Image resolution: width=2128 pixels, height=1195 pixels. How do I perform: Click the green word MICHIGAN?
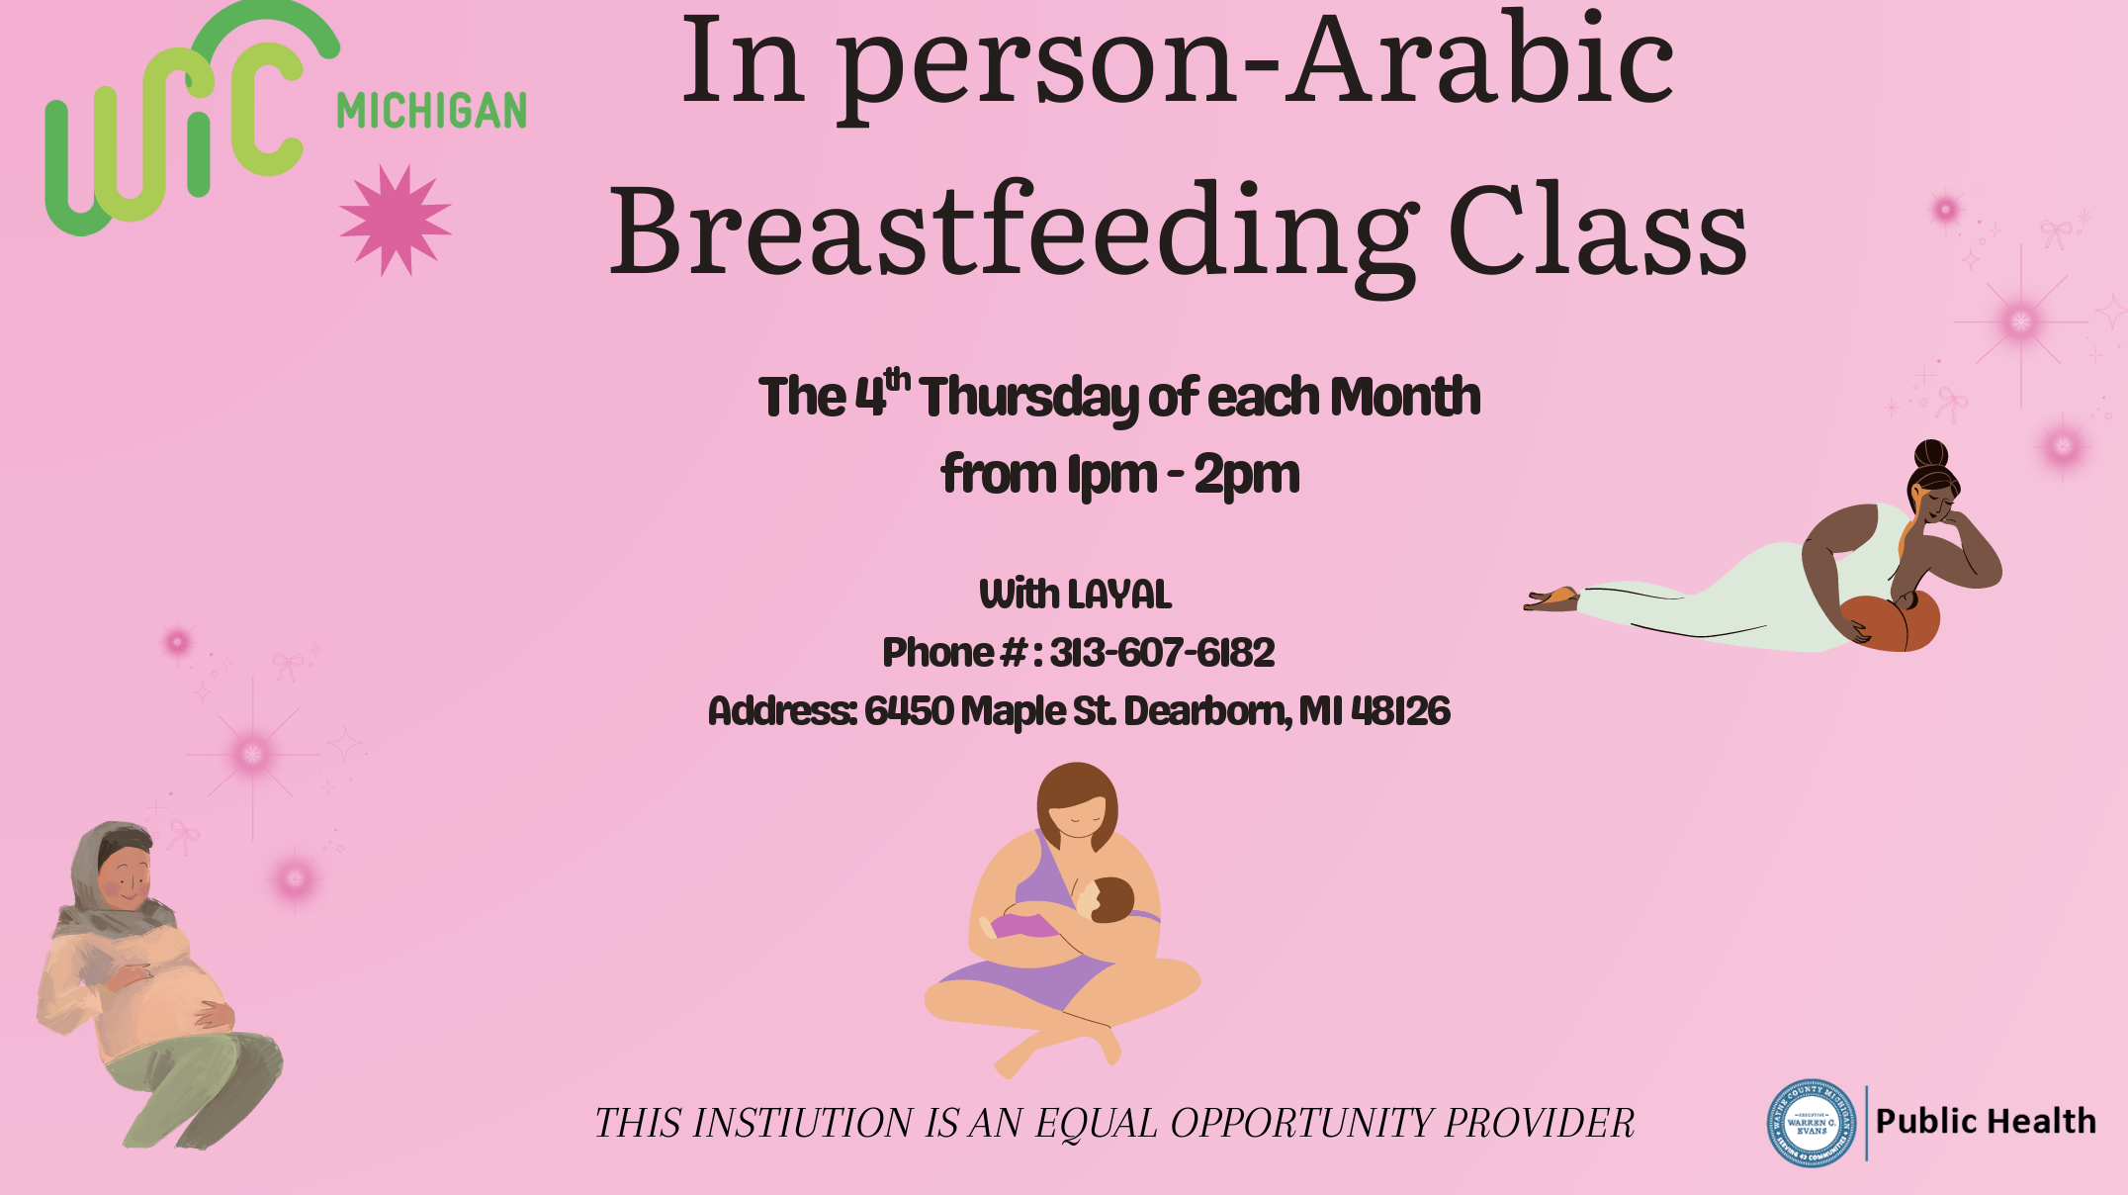click(431, 111)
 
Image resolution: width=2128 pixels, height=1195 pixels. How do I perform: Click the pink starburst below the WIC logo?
click(395, 221)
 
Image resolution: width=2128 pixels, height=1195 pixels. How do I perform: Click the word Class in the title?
click(1597, 233)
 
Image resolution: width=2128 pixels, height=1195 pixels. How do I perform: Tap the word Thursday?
click(1028, 398)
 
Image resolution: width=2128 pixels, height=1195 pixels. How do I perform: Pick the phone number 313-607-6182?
click(1162, 653)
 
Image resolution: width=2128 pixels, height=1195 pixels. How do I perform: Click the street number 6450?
click(909, 711)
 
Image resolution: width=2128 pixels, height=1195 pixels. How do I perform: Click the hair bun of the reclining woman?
click(1930, 454)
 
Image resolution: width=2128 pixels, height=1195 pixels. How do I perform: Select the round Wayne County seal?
click(1811, 1123)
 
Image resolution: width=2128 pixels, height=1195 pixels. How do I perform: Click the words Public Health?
click(1986, 1122)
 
